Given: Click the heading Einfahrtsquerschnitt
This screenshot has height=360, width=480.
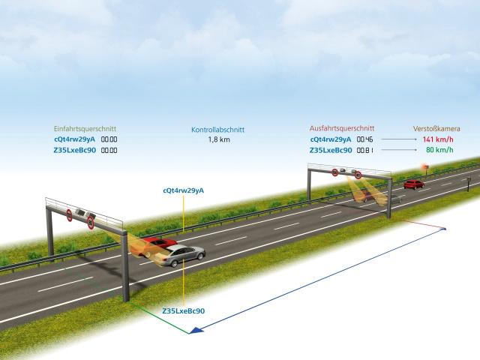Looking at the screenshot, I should pos(85,128).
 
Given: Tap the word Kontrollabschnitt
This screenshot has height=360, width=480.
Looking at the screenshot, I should pos(217,129).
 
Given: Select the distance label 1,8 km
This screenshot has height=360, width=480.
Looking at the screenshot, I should pos(218,139).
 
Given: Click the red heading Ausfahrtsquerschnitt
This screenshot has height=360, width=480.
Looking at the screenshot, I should pos(341,128).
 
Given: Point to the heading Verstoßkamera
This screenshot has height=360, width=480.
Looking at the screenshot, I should pos(436,128).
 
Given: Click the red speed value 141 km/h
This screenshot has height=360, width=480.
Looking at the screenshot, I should pos(438,139).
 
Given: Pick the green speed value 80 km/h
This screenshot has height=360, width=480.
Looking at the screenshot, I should pos(439,150).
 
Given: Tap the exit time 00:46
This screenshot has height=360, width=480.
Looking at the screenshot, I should pos(364,139).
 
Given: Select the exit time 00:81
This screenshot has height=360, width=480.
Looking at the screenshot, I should pos(364,150).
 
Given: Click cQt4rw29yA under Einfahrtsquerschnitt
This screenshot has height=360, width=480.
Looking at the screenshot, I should pos(74,139).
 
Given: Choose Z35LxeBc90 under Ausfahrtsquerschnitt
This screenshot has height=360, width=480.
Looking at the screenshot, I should pos(331,150).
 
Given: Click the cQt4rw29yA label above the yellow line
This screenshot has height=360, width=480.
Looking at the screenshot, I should pos(184,191).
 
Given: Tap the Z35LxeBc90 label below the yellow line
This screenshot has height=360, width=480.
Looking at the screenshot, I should pos(184,310).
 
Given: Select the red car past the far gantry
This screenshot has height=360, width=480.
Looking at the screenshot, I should pos(413,184).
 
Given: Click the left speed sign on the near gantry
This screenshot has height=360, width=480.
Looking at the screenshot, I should pos(70,214).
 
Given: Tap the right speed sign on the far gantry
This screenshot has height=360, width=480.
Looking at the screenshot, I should pos(358,175).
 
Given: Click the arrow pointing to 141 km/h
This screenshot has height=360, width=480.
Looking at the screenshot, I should pos(398,139).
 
